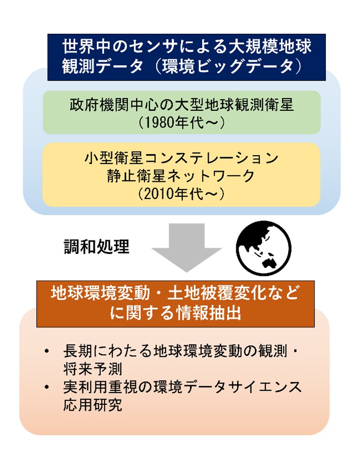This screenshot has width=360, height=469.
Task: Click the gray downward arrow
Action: [187, 247]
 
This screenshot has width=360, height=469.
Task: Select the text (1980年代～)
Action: [182, 122]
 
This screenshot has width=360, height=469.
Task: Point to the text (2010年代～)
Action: [181, 194]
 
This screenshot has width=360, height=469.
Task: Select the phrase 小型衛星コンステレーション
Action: [181, 158]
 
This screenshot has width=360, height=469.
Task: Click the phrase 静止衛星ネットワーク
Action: [181, 176]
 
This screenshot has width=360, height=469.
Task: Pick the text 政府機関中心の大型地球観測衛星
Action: [182, 105]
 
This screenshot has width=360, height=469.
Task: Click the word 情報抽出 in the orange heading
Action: [209, 313]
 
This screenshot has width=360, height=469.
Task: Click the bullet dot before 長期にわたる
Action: [46, 351]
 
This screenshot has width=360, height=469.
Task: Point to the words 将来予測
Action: [93, 369]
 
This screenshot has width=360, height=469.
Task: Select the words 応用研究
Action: [93, 405]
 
